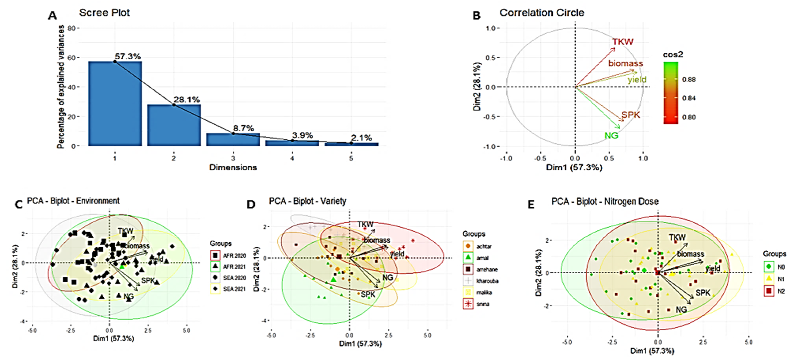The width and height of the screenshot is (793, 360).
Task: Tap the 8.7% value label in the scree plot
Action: (x=243, y=128)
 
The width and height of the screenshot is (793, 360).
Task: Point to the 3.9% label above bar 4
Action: (x=302, y=135)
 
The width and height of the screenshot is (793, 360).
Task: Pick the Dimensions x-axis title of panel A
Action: (x=233, y=167)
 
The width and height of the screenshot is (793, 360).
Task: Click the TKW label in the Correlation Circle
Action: (x=622, y=42)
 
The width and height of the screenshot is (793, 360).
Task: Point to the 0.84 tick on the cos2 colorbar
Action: (x=689, y=98)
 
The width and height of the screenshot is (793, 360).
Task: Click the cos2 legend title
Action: (x=673, y=55)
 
